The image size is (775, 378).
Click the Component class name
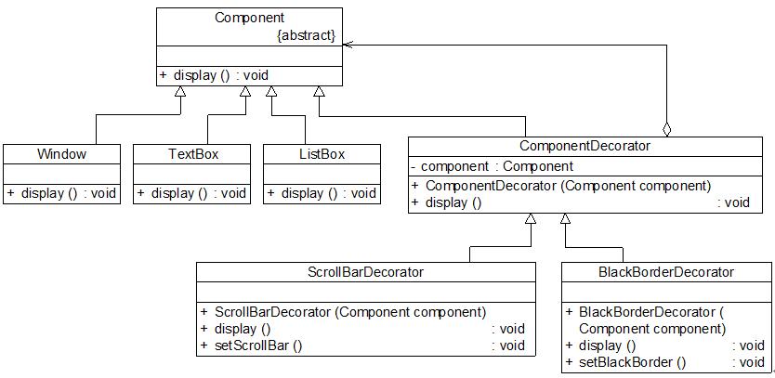tap(249, 18)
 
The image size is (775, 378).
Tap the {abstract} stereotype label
tap(307, 36)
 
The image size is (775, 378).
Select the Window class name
tap(61, 153)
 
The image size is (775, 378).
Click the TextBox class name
tap(193, 153)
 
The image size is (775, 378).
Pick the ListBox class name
tap(322, 153)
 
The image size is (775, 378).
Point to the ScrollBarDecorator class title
tap(365, 272)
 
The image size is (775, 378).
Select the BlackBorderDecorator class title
tap(666, 272)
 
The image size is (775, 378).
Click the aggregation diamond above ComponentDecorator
tap(666, 129)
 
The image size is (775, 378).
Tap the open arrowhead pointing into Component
tap(348, 43)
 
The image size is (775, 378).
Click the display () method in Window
tap(61, 193)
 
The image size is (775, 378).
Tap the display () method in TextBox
tap(193, 193)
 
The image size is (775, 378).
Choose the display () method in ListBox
tap(322, 193)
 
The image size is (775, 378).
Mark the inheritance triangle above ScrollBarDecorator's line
tap(530, 219)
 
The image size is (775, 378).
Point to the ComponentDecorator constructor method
tap(568, 186)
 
